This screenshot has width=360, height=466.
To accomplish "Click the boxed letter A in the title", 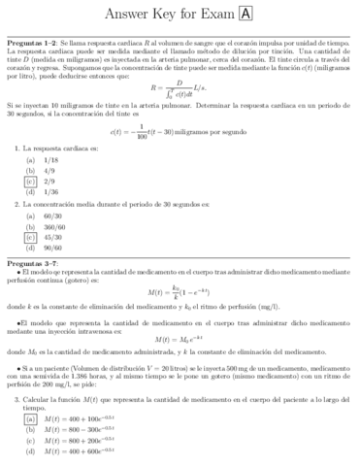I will click(x=245, y=14).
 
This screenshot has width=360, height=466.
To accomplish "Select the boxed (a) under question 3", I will click(x=32, y=417).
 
